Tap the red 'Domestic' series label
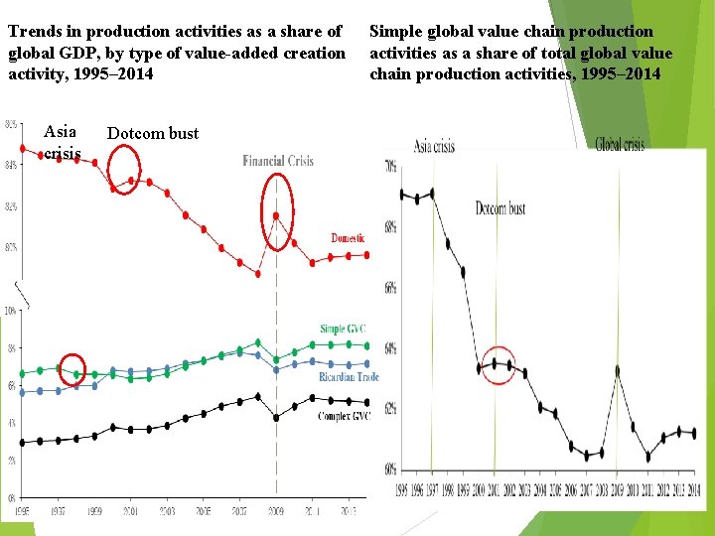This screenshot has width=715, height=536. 348,238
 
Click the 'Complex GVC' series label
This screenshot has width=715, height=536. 344,416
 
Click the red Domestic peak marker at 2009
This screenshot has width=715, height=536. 277,215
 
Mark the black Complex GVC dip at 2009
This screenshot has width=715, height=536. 277,418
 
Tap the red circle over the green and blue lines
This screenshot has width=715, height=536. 71,369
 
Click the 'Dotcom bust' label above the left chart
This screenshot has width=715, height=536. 153,133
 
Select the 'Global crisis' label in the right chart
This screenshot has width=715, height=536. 620,145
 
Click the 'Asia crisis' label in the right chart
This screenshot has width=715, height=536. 434,146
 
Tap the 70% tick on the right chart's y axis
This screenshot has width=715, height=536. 390,167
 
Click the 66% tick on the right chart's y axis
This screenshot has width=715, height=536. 390,288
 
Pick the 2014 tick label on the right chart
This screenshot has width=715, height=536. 694,490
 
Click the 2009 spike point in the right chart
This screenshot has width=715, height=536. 617,369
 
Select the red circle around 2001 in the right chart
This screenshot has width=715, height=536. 501,364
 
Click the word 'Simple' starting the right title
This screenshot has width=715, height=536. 395,32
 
